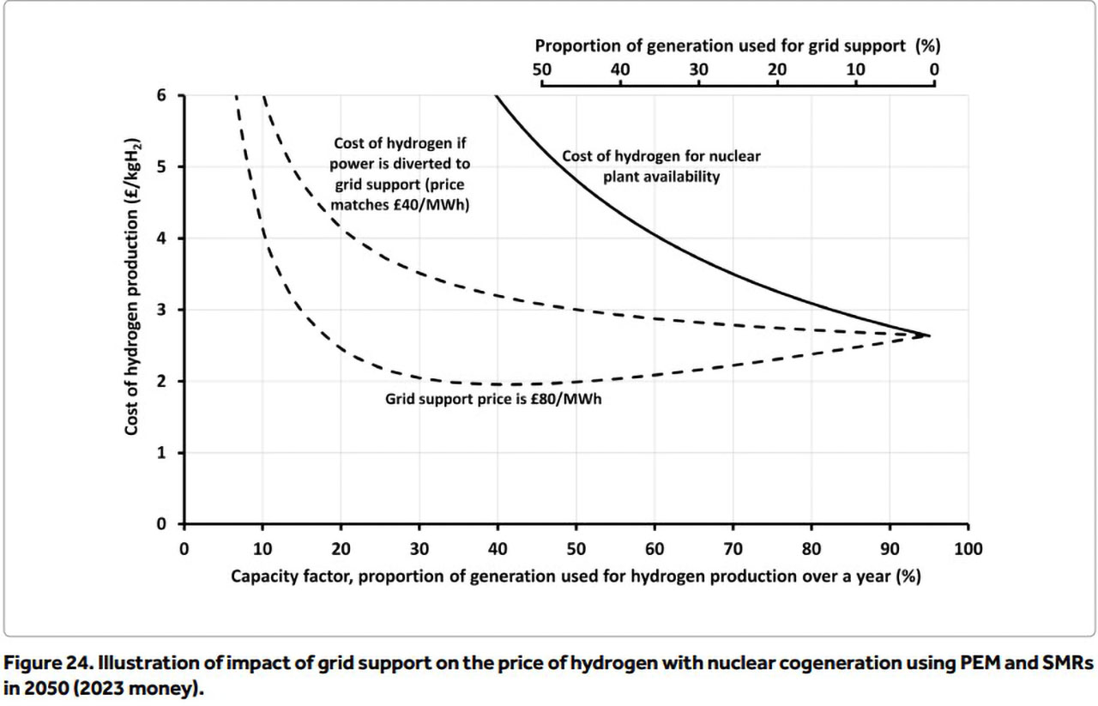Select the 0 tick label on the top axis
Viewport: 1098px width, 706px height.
click(x=934, y=69)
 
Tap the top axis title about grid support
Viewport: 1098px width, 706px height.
click(x=738, y=46)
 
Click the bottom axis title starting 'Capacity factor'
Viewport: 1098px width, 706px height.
click(x=576, y=576)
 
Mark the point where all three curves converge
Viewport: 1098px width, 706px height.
click(x=929, y=335)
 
